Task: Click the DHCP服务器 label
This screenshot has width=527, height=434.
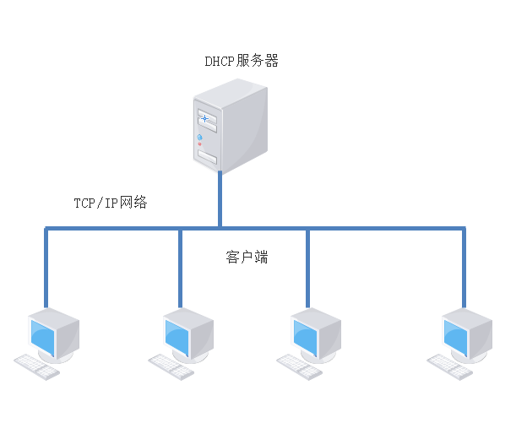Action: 242,61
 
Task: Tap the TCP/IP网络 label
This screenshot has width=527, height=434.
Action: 111,203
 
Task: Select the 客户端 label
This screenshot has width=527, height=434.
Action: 247,257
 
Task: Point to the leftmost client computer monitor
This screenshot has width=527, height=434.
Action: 52,334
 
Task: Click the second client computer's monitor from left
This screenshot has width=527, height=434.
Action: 186,334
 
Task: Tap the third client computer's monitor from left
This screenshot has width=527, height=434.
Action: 315,334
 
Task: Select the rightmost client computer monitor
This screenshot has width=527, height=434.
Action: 465,334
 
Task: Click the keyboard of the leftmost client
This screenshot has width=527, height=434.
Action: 36,366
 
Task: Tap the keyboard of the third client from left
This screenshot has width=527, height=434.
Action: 300,366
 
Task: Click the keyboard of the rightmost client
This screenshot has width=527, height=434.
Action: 449,366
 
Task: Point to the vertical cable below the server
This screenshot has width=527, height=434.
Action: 220,199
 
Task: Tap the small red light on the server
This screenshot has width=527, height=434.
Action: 200,144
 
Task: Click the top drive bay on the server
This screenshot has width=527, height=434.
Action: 206,118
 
